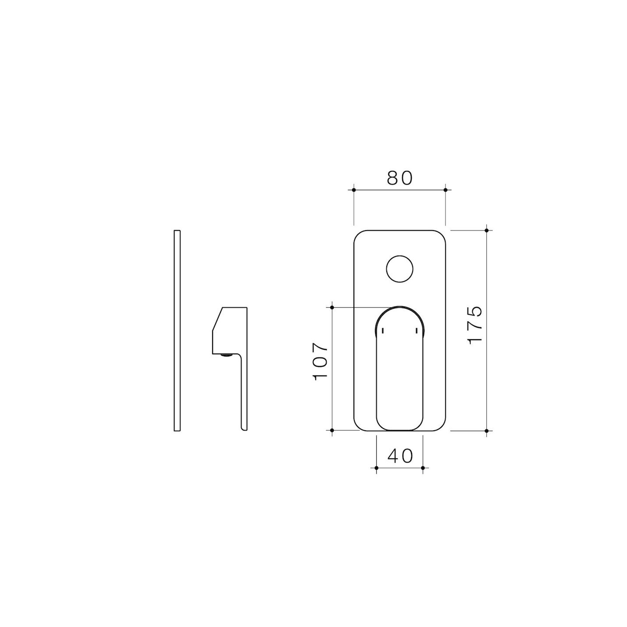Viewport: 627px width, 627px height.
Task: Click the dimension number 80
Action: click(x=400, y=178)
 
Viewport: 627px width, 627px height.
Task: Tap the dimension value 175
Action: click(x=475, y=325)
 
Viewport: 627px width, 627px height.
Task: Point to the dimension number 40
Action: click(x=400, y=456)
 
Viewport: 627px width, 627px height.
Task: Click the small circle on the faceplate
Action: click(x=400, y=269)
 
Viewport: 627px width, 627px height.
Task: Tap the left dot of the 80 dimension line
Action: click(x=354, y=190)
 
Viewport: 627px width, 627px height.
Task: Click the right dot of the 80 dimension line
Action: click(x=445, y=190)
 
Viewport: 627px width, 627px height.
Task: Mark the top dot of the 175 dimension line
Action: click(x=486, y=230)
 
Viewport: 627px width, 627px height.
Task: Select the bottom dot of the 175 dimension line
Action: click(x=486, y=431)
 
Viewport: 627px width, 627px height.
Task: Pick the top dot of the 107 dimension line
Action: click(x=332, y=308)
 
